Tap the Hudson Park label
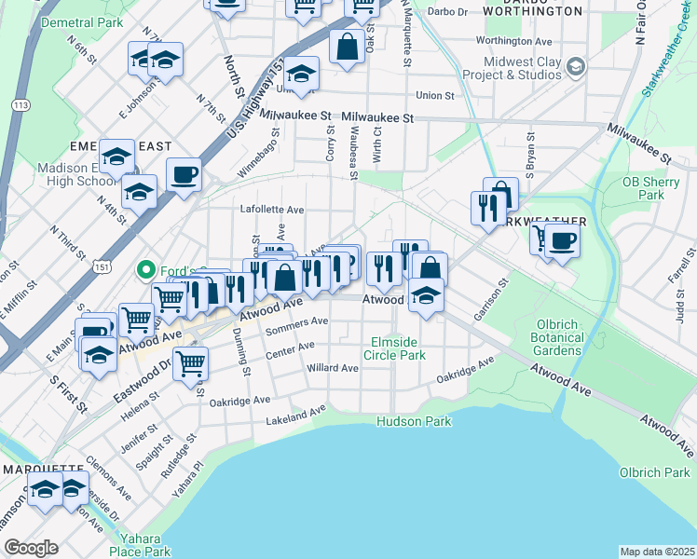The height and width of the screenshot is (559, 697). click(x=414, y=422)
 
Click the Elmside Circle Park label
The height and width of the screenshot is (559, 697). click(x=398, y=348)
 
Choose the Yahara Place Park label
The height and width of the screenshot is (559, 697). click(x=140, y=545)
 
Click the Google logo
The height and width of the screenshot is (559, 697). click(x=31, y=548)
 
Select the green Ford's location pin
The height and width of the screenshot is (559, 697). click(x=144, y=271)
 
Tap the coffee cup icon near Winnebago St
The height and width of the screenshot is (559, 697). click(x=184, y=174)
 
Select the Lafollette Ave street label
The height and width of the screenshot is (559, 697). click(x=272, y=210)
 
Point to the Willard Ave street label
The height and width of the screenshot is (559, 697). click(x=333, y=368)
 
